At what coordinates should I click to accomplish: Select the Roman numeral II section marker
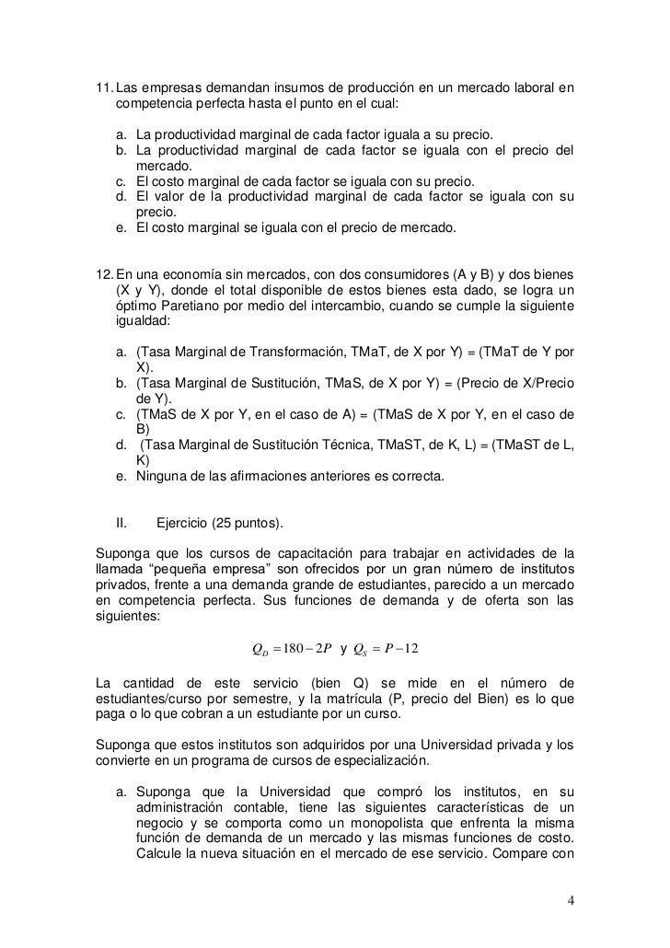click(x=121, y=525)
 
